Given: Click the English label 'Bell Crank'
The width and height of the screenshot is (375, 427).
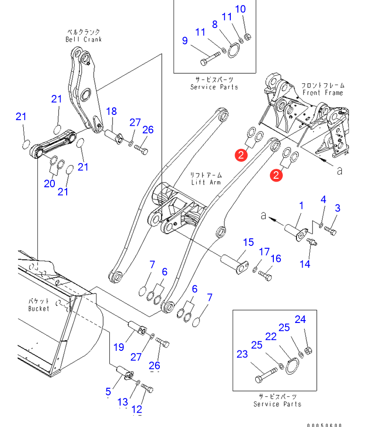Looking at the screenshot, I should [83, 40].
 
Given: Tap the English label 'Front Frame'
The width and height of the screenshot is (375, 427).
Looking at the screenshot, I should [323, 93].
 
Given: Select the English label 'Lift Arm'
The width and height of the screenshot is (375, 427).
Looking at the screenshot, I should [207, 182].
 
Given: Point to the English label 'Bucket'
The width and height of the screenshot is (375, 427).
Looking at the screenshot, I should [38, 309].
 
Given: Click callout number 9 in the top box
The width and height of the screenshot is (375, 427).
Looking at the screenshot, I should [185, 41].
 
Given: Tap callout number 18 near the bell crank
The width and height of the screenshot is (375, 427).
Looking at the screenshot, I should [111, 111].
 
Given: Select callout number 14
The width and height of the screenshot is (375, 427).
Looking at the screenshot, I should [305, 264].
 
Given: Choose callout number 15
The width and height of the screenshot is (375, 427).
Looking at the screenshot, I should [248, 243].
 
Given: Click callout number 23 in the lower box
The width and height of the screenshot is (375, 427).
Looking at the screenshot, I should [242, 354].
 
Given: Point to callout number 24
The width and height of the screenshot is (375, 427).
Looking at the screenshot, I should [300, 320].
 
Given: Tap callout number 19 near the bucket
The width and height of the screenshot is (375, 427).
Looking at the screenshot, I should [118, 347].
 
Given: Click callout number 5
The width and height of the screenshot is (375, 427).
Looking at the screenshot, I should [108, 391].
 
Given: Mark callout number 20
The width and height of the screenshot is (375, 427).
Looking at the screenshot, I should [50, 183].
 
